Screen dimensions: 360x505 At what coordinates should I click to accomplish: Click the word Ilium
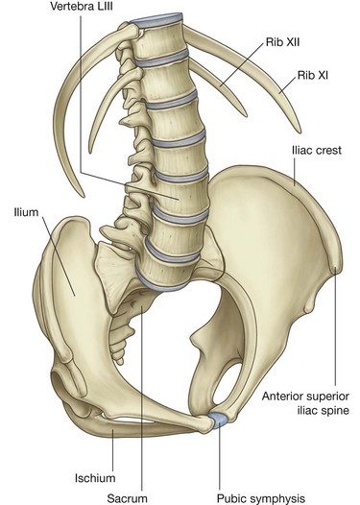26,204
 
